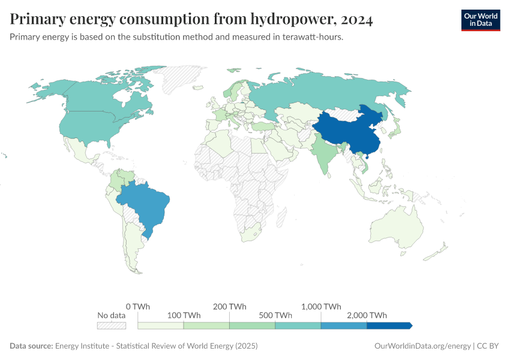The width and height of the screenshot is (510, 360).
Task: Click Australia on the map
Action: pos(396,231)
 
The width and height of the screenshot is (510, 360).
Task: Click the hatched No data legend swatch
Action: pos(112,325)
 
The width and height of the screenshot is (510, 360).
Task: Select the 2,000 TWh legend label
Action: pos(367,315)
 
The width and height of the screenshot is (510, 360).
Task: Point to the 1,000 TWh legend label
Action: pos(321,306)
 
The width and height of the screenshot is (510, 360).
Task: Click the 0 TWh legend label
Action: pos(138,306)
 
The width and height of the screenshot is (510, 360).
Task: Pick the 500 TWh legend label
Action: pos(275,315)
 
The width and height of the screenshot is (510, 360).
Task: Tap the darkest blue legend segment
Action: pos(389,325)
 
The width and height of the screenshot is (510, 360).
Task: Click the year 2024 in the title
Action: pos(356,20)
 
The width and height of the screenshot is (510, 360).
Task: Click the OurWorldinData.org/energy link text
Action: pos(422,346)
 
